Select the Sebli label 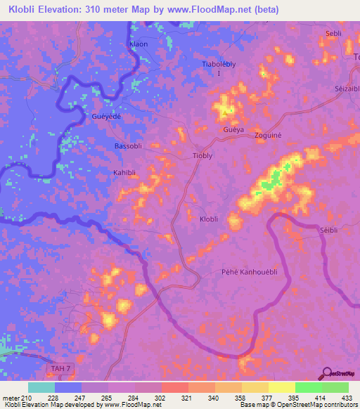click(333, 34)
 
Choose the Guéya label click(233, 131)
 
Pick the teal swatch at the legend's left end click(41, 387)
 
